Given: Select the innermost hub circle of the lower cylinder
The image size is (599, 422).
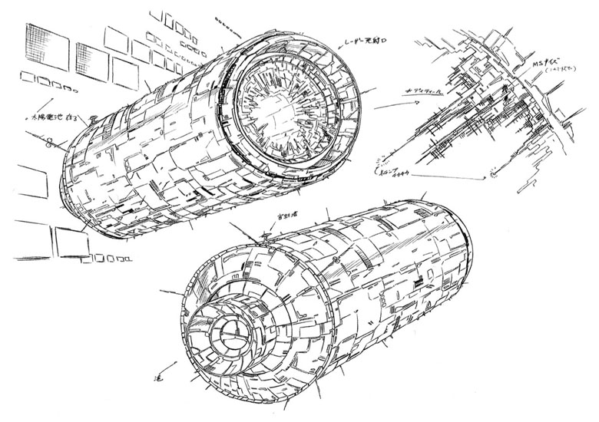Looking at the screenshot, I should click(227, 335).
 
